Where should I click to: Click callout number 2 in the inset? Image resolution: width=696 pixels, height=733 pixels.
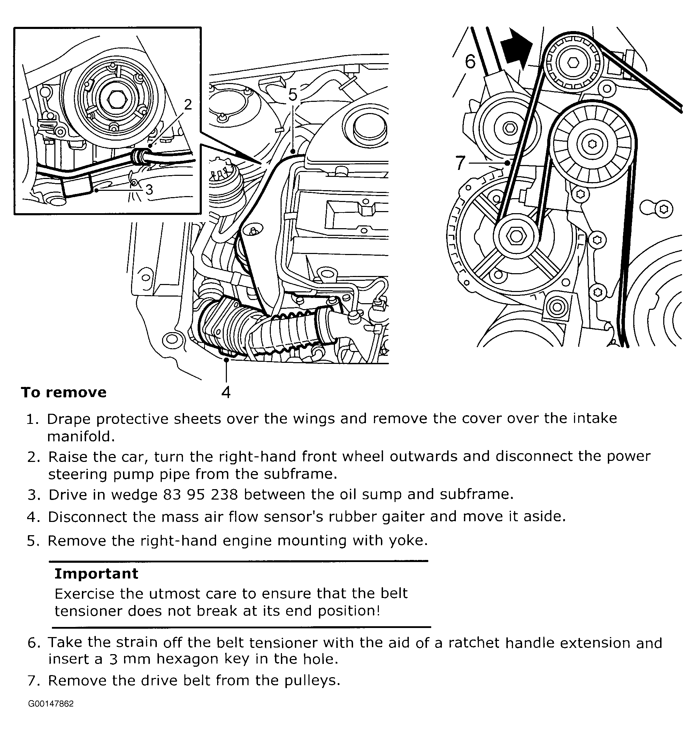[x=188, y=105]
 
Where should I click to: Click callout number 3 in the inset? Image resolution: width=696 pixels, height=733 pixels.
[x=149, y=190]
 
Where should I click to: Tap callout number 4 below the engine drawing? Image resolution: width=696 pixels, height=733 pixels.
[x=226, y=392]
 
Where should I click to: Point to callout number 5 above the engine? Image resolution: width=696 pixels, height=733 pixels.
[x=293, y=95]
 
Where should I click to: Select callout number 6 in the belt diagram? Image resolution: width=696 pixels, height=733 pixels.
[x=470, y=62]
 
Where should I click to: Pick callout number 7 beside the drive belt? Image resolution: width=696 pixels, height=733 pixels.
[x=460, y=163]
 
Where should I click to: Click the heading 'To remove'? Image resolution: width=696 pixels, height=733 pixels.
[x=64, y=392]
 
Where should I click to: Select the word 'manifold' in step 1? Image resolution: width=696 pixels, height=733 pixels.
[x=81, y=437]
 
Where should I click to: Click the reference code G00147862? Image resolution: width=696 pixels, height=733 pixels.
[x=51, y=704]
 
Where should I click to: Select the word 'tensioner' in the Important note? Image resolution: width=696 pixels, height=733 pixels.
[x=88, y=611]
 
